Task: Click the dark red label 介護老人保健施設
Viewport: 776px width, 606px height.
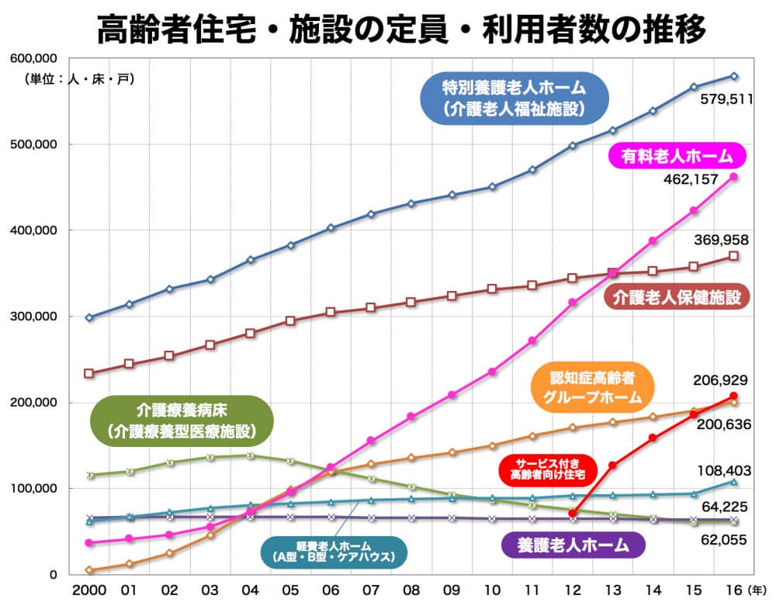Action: [677, 297]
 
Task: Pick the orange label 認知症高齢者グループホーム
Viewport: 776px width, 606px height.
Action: [592, 388]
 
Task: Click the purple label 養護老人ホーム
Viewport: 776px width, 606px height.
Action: [573, 545]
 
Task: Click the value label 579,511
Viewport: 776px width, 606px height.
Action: [726, 99]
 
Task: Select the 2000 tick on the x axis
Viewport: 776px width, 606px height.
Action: [88, 590]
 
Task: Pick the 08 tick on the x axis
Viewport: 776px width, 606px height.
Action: [411, 590]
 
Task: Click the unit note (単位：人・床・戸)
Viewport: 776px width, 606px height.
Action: [78, 78]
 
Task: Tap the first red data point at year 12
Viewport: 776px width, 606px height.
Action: [573, 513]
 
